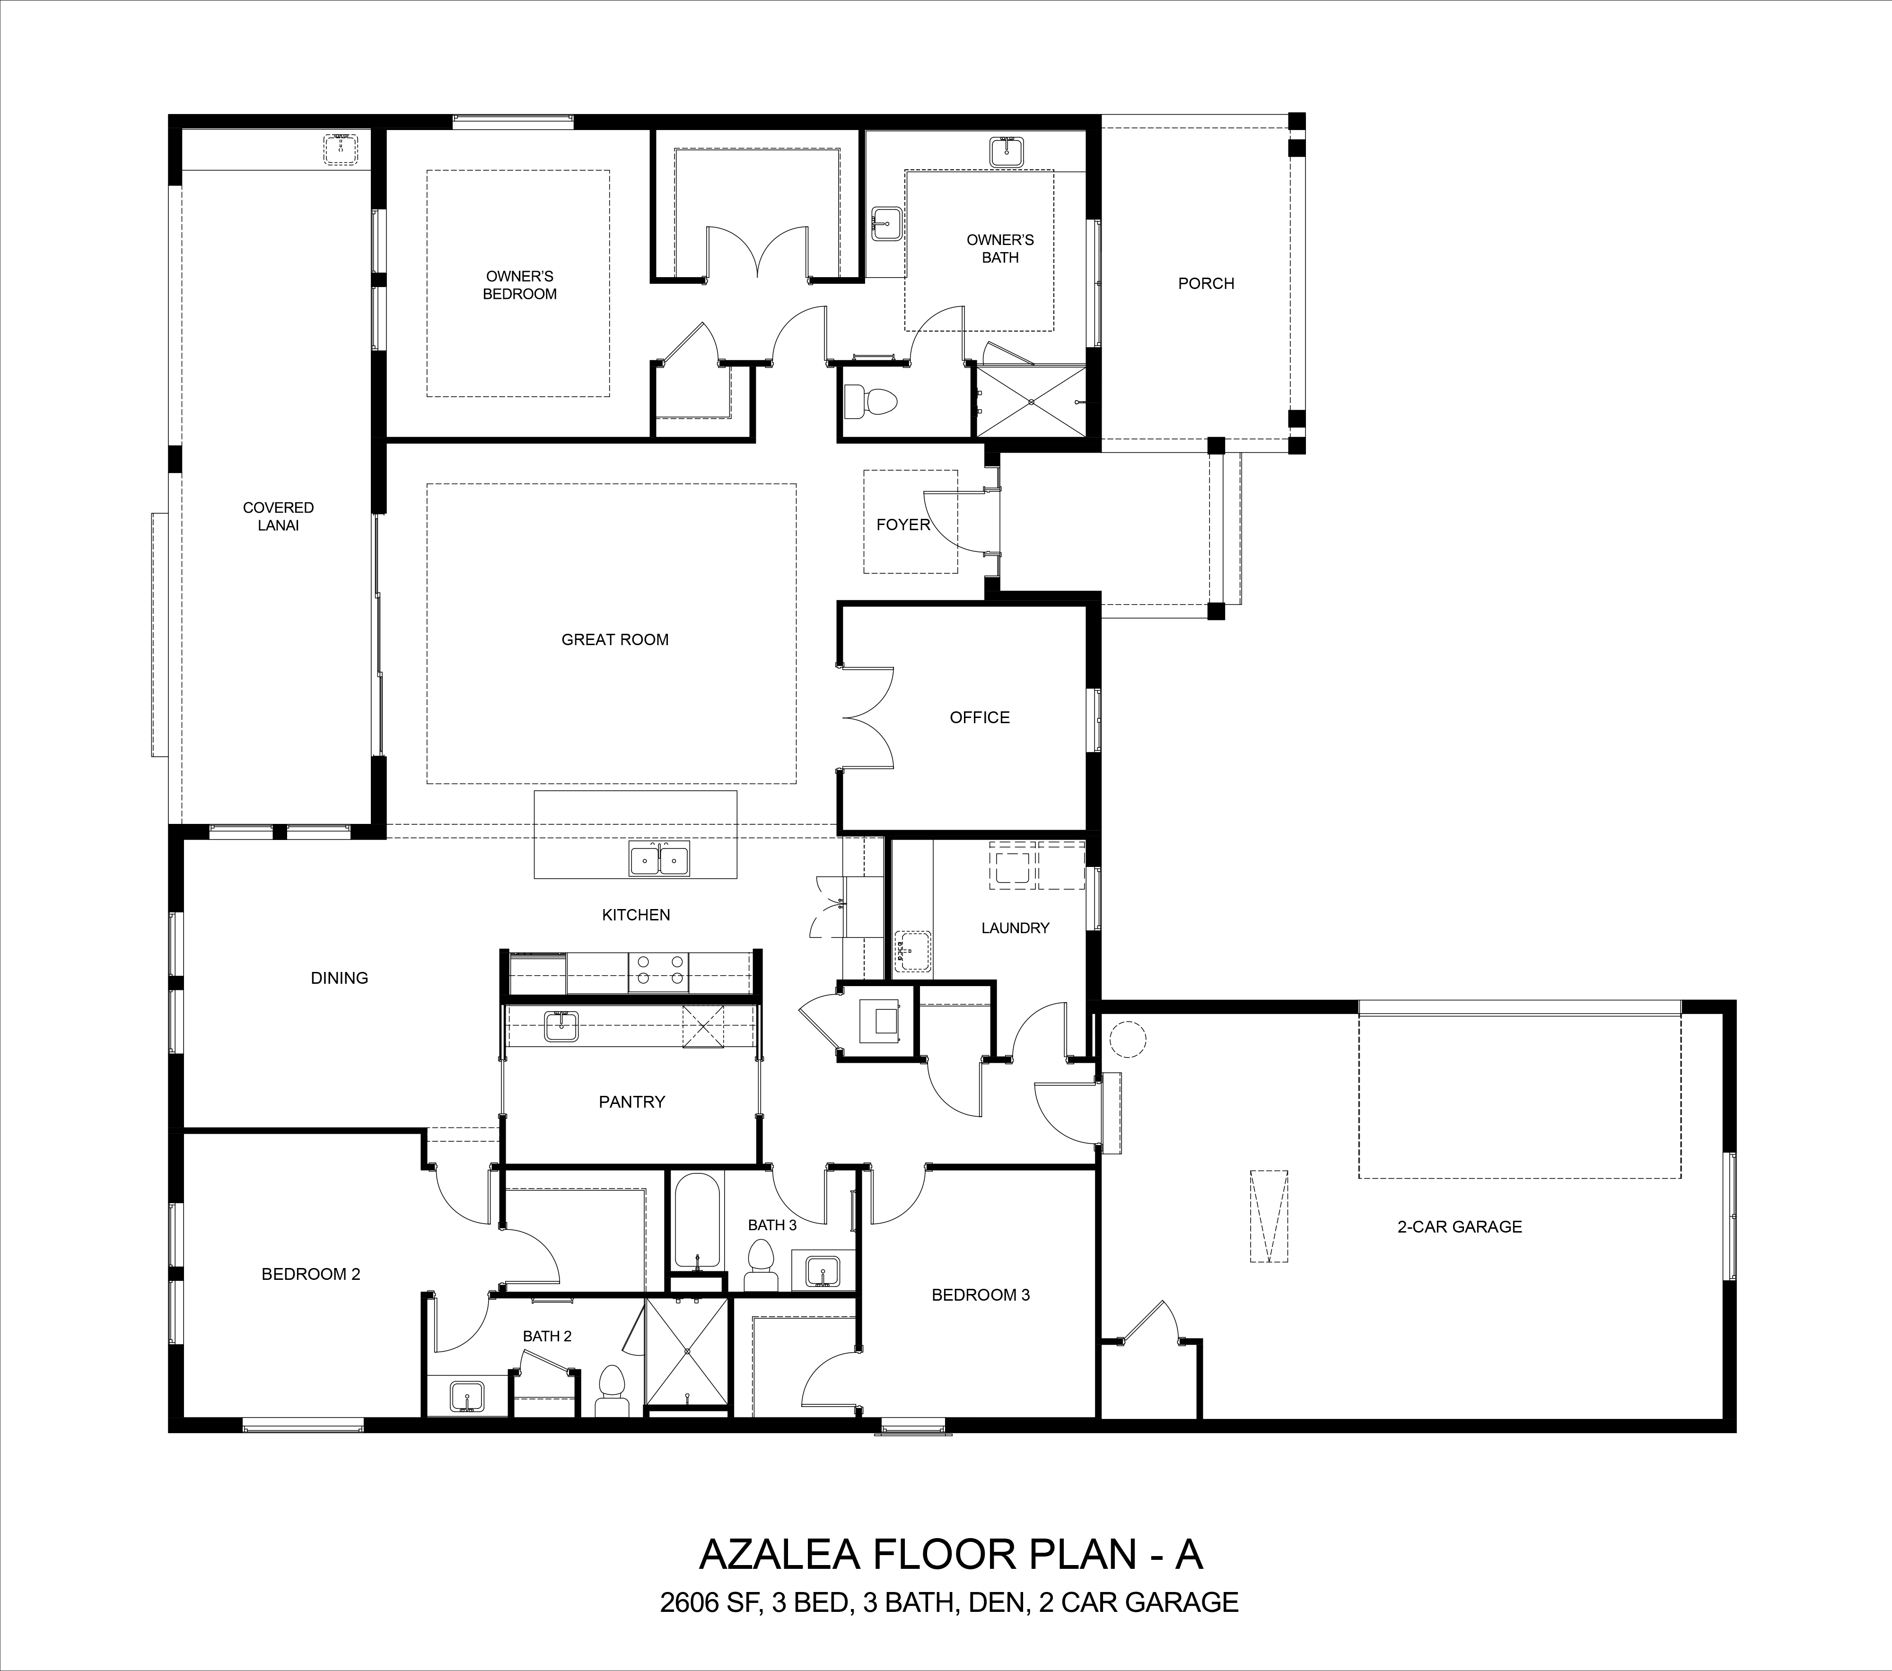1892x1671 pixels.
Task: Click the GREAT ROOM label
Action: [614, 640]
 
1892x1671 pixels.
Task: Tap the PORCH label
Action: [1206, 283]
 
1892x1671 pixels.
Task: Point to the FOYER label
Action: [902, 525]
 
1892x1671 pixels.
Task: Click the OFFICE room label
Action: [979, 717]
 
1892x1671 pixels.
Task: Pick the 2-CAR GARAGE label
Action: [1460, 1226]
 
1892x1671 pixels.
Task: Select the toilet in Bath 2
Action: [611, 1391]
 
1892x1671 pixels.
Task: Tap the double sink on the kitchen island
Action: [659, 859]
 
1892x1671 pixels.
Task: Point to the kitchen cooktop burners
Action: [657, 971]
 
